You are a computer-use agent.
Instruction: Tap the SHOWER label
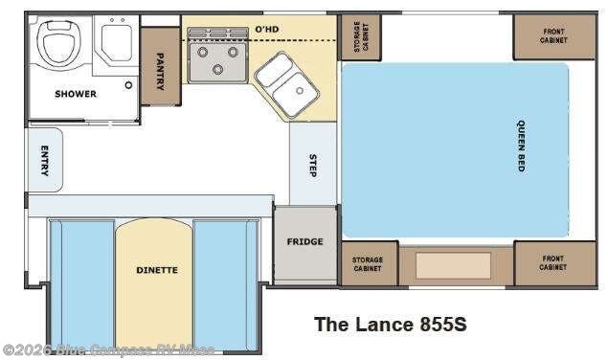pyautogui.click(x=75, y=94)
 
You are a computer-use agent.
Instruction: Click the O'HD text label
pyautogui.click(x=265, y=31)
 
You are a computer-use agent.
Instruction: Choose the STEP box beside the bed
pyautogui.click(x=313, y=164)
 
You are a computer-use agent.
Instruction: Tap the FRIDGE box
pyautogui.click(x=304, y=242)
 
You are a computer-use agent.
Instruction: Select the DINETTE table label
pyautogui.click(x=155, y=270)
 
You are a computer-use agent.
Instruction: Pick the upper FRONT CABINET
pyautogui.click(x=554, y=36)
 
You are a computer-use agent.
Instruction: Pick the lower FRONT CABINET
pyautogui.click(x=553, y=262)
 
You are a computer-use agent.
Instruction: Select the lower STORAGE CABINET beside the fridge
pyautogui.click(x=368, y=262)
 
